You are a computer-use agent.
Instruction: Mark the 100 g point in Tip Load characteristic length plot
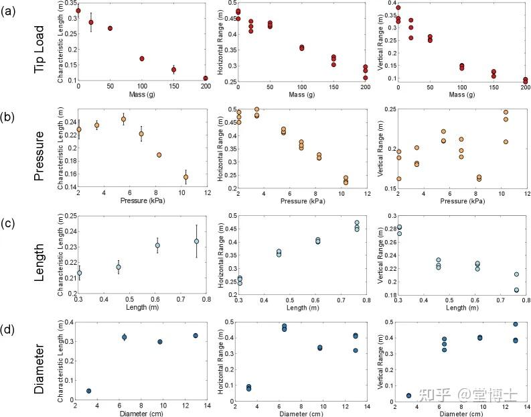pos(142,59)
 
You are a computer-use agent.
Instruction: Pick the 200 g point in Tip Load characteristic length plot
pos(205,78)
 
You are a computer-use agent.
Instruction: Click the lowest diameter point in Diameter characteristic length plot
pos(88,391)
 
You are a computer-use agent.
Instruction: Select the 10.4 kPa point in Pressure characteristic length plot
pos(185,177)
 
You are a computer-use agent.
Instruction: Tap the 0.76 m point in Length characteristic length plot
pos(197,241)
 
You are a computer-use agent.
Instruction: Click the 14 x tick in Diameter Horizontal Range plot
pos(367,406)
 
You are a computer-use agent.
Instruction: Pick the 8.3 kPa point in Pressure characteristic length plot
pos(159,155)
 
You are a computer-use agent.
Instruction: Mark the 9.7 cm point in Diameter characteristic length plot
pos(160,342)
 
